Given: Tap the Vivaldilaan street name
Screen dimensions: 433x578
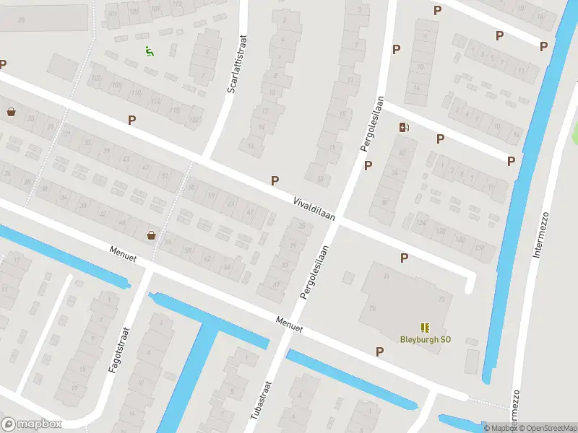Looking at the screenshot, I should pyautogui.click(x=313, y=206).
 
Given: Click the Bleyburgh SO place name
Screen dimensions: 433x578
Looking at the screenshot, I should pyautogui.click(x=425, y=339).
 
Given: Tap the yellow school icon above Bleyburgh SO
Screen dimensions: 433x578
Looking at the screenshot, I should pyautogui.click(x=424, y=327).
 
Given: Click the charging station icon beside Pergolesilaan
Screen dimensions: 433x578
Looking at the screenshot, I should pyautogui.click(x=404, y=128).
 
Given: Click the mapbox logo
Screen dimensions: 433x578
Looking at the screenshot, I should pyautogui.click(x=32, y=424).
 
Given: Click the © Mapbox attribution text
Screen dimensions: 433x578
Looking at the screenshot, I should pyautogui.click(x=500, y=428).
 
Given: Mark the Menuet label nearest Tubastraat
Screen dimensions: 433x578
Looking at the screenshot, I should pyautogui.click(x=288, y=324).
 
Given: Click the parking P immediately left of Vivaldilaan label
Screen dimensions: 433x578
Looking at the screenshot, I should pyautogui.click(x=275, y=180).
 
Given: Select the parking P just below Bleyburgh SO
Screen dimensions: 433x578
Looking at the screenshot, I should pyautogui.click(x=379, y=351).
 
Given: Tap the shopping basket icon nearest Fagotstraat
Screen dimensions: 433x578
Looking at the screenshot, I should pyautogui.click(x=152, y=235).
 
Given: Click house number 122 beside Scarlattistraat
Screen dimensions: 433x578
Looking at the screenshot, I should pyautogui.click(x=193, y=119).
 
